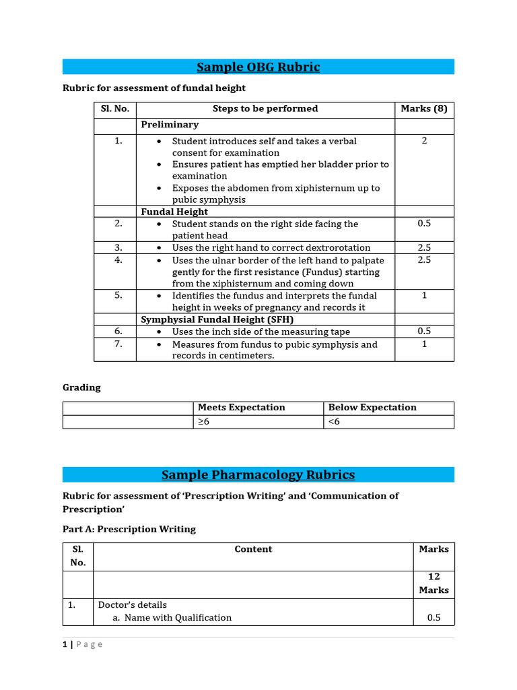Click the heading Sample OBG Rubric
coord(258,67)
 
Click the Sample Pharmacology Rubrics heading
coord(258,474)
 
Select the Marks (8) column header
coord(423,108)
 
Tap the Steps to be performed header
coord(265,108)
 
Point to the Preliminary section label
coord(170,125)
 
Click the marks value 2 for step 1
coord(424,141)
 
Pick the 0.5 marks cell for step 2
coord(424,224)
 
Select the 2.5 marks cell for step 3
coord(424,247)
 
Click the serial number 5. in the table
coord(118,295)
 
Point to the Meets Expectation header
coord(241,408)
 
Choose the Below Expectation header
coord(372,408)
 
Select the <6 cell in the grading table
coord(334,422)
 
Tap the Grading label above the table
coord(81,387)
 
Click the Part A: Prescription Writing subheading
coord(129,529)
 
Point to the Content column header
coord(253,549)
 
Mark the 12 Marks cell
coord(434,583)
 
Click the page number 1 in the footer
coord(65,644)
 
